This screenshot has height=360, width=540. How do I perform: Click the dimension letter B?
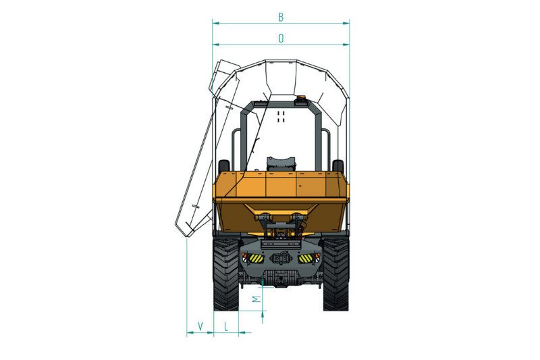point(281,17)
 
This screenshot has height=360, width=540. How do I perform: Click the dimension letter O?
point(281,38)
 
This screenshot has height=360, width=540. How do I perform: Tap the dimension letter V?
point(200,326)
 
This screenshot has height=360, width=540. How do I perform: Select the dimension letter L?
point(226,326)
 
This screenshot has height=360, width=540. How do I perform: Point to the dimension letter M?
point(256,299)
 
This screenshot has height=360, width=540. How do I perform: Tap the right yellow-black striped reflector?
point(306,258)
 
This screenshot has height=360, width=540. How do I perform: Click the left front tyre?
point(226,275)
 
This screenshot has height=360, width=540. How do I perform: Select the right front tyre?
point(335,275)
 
